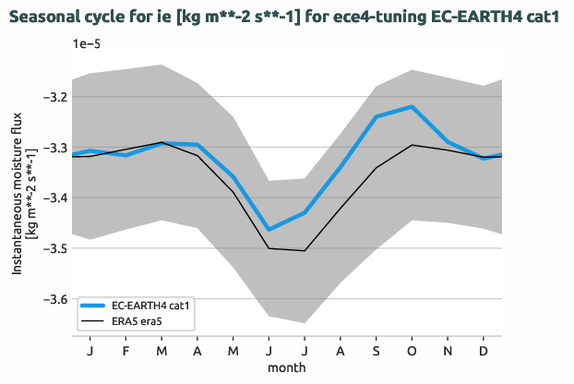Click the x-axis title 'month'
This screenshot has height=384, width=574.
pos(286,367)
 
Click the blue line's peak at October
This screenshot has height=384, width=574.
pos(412,107)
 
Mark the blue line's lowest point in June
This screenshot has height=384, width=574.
pos(269,229)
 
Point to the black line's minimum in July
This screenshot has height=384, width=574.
pos(304,250)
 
